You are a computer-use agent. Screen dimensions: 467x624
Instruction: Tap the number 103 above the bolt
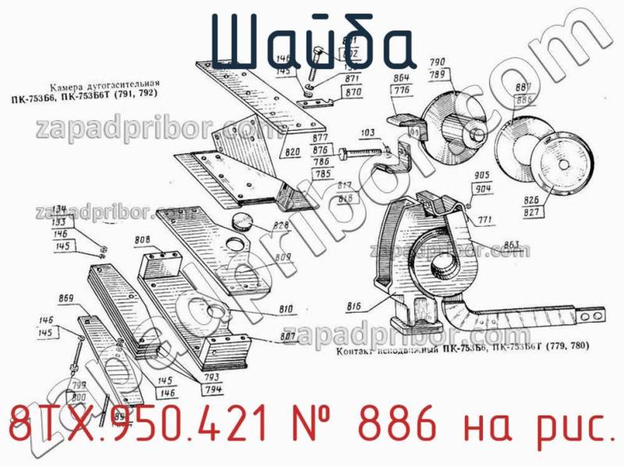pyautogui.click(x=367, y=133)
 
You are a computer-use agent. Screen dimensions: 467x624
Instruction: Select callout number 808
pyautogui.click(x=143, y=239)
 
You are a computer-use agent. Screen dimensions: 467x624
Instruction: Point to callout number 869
pyautogui.click(x=66, y=298)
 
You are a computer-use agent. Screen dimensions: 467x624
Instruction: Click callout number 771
pyautogui.click(x=485, y=221)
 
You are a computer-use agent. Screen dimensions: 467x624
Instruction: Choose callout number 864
pyautogui.click(x=402, y=78)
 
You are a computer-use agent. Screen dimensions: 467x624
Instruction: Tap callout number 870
pyautogui.click(x=353, y=92)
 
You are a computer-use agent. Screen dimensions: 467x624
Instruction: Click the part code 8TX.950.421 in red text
pyautogui.click(x=133, y=427)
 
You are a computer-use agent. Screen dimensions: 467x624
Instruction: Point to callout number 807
pyautogui.click(x=287, y=337)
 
